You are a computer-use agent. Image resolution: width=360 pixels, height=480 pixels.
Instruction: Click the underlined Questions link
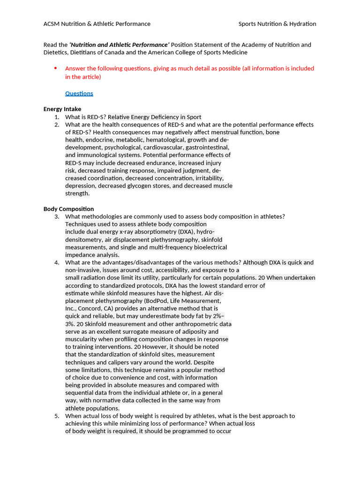tap(79, 93)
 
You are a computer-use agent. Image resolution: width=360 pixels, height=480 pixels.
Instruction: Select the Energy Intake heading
tap(62, 109)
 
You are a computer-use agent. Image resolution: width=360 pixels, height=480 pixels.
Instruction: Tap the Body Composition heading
tap(68, 209)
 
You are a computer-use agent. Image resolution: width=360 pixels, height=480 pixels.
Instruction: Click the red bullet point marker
tap(55, 68)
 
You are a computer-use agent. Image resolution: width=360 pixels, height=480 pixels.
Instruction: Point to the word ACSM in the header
tap(52, 24)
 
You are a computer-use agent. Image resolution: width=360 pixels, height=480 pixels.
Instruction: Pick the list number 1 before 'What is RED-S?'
tap(56, 117)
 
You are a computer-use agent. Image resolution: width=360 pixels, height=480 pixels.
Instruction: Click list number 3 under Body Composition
tap(56, 217)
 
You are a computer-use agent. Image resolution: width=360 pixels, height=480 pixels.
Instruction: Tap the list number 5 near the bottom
tap(56, 416)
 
